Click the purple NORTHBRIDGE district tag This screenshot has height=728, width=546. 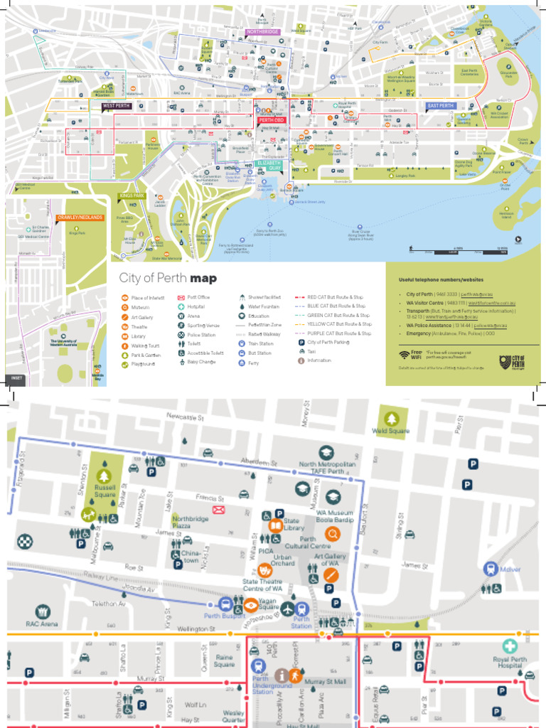point(263,32)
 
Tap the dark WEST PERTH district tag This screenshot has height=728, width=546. point(117,106)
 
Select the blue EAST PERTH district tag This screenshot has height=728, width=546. point(441,106)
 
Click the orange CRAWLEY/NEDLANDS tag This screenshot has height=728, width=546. point(80,217)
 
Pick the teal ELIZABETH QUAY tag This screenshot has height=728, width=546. point(269,165)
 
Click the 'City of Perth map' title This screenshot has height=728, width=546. point(168,278)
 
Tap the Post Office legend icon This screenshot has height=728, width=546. point(181,297)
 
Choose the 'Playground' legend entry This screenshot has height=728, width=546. point(145,363)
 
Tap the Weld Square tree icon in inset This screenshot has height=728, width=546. point(390,418)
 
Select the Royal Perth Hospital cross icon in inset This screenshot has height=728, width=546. point(509,646)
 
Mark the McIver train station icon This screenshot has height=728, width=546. point(490,569)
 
